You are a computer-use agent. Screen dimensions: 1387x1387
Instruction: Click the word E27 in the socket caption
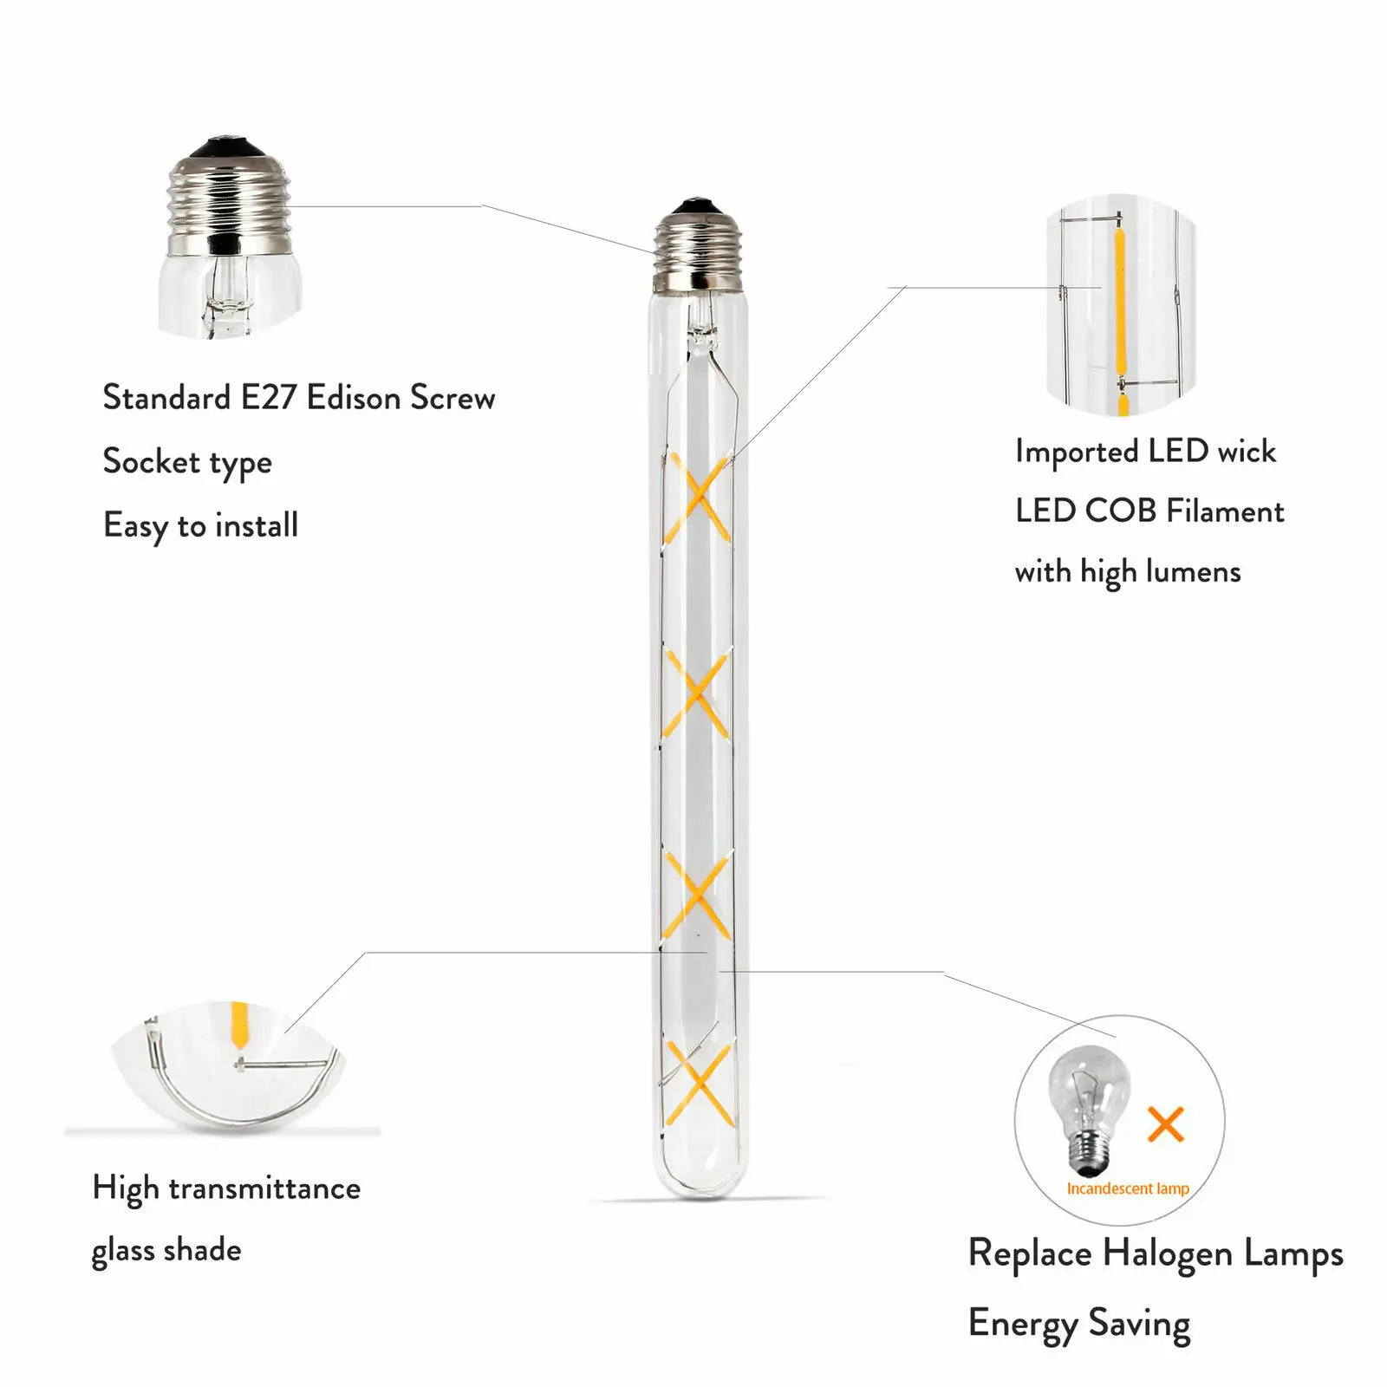click(x=269, y=398)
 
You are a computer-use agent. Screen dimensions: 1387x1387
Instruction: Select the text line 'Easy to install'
click(x=200, y=526)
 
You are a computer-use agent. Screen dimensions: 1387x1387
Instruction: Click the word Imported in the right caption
click(x=1077, y=452)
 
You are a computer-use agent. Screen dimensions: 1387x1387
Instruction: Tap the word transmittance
click(x=264, y=1188)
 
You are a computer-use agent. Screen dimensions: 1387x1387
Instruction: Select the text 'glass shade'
click(x=166, y=1251)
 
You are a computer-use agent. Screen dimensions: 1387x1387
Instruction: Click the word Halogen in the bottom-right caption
click(x=1168, y=1254)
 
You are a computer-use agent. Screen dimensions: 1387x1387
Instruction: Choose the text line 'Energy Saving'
click(x=1079, y=1324)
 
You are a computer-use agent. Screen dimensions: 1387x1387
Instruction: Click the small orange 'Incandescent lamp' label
click(x=1128, y=1188)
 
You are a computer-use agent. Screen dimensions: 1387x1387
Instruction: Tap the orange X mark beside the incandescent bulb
click(x=1165, y=1124)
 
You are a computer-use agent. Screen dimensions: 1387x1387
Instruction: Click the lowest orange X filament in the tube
click(x=697, y=1084)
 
